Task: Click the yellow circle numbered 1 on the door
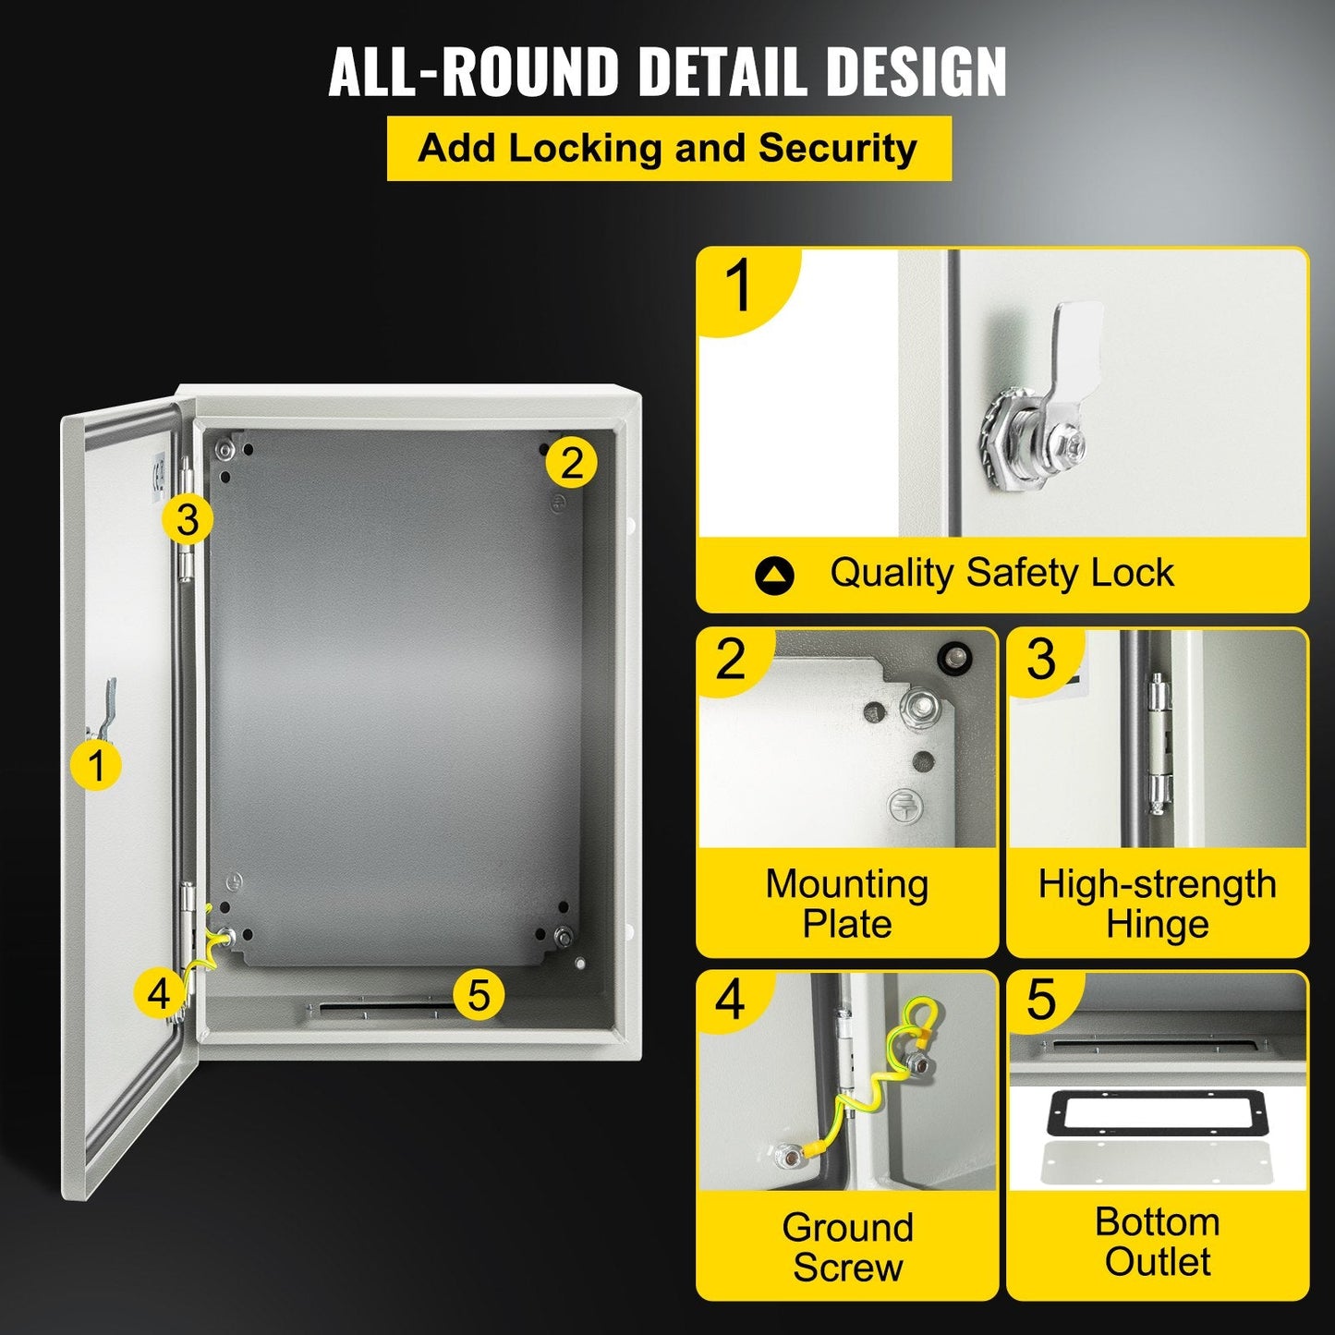click(x=96, y=765)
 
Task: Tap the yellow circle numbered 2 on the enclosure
click(x=571, y=462)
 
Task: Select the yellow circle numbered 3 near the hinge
click(x=188, y=519)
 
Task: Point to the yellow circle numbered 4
click(x=159, y=994)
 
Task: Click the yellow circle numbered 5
click(x=479, y=995)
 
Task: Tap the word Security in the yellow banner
click(x=837, y=148)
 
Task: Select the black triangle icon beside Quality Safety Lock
click(x=774, y=576)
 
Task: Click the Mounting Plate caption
click(x=846, y=904)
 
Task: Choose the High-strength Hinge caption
click(x=1157, y=904)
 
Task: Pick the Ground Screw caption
click(x=846, y=1247)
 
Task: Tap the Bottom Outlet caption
click(x=1157, y=1242)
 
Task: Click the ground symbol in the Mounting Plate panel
click(x=904, y=805)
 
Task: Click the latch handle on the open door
click(x=108, y=710)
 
